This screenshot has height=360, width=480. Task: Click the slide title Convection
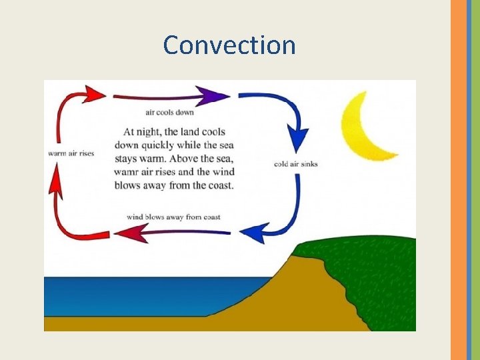tap(229, 45)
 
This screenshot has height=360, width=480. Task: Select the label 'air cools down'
tap(171, 112)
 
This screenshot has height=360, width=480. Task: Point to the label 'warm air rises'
tap(71, 153)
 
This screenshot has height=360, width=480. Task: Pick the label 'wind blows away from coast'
tap(173, 217)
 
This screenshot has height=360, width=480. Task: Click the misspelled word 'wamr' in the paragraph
tap(128, 171)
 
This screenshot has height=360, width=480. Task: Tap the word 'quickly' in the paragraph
tap(159, 145)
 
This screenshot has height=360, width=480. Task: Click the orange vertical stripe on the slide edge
tap(459, 180)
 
